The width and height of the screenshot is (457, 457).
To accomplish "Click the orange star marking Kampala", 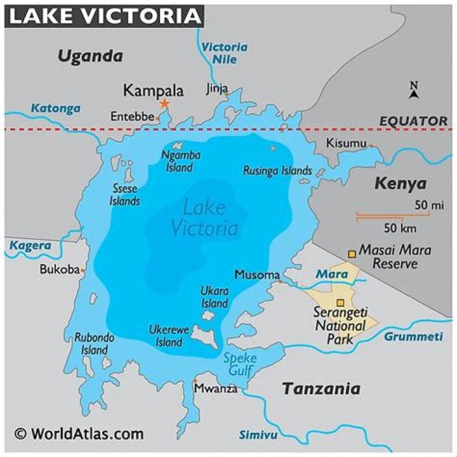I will pyautogui.click(x=164, y=103).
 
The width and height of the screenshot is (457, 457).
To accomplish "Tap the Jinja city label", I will pyautogui.click(x=216, y=88).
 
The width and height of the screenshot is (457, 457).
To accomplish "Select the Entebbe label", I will pyautogui.click(x=132, y=117).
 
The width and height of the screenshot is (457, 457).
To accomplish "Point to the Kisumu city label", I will pyautogui.click(x=346, y=143).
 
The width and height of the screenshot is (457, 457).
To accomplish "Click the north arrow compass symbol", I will pyautogui.click(x=414, y=91).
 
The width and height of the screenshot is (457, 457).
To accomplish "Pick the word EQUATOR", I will pyautogui.click(x=413, y=121).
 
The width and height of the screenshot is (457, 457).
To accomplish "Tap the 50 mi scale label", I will pyautogui.click(x=429, y=205).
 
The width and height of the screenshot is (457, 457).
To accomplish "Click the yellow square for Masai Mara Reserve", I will pyautogui.click(x=352, y=254).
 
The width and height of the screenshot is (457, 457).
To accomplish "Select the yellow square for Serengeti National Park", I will pyautogui.click(x=340, y=303).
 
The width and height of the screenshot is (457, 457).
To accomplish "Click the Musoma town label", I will pyautogui.click(x=257, y=275).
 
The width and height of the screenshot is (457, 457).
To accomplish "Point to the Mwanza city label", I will pyautogui.click(x=215, y=388).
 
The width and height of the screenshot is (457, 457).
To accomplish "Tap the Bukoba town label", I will pyautogui.click(x=59, y=269).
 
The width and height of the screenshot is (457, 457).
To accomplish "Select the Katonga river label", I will pyautogui.click(x=56, y=108).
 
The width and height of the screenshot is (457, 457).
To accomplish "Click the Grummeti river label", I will pyautogui.click(x=412, y=336).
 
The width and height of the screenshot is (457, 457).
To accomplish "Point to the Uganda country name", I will pyautogui.click(x=90, y=56).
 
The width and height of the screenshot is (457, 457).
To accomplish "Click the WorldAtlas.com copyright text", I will pyautogui.click(x=79, y=434).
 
